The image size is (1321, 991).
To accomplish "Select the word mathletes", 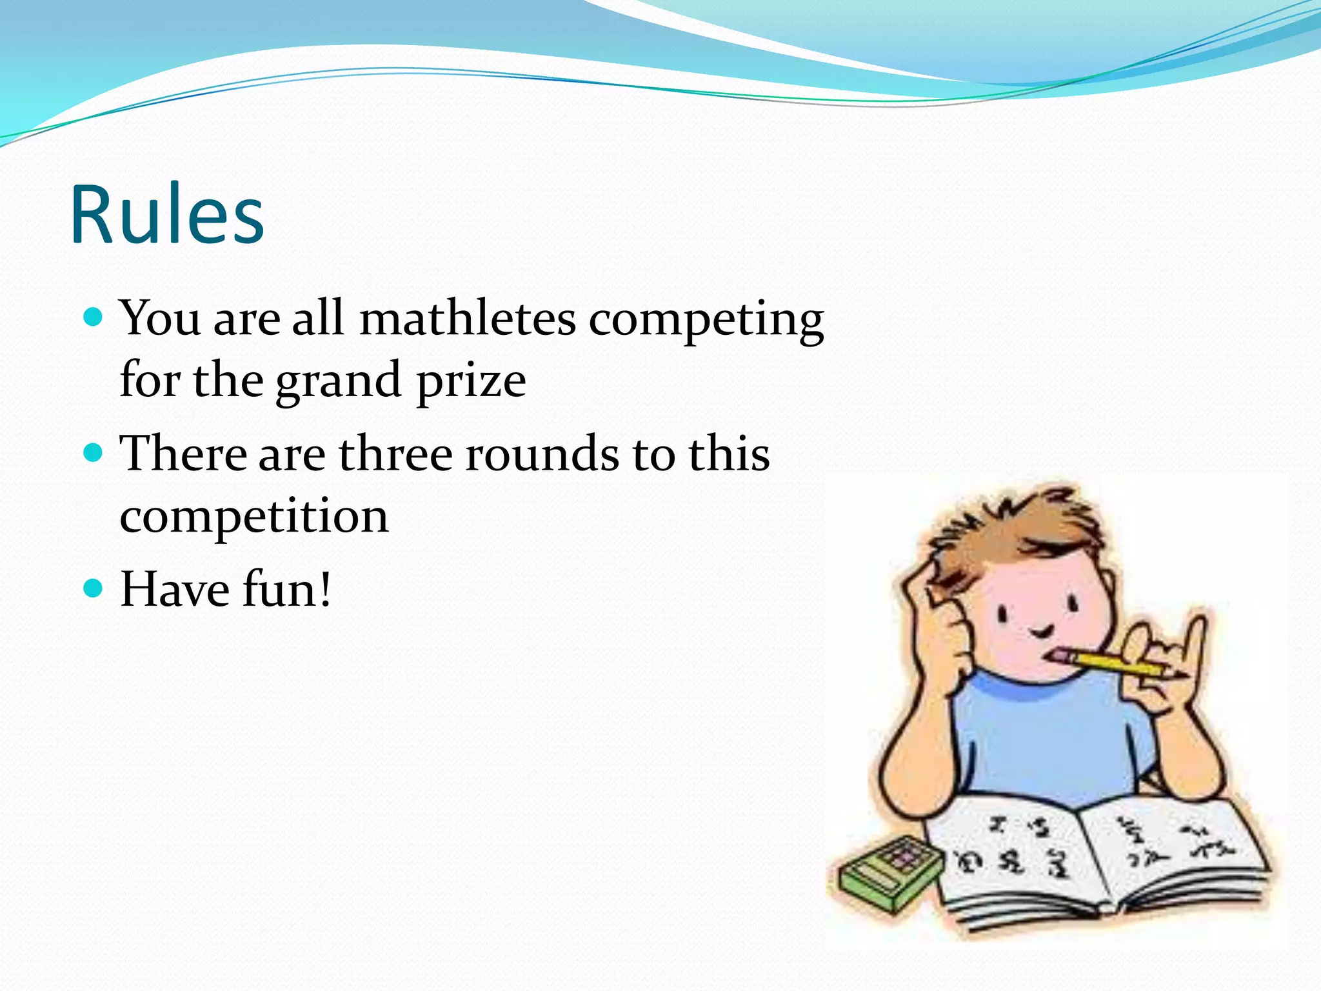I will pyautogui.click(x=467, y=319).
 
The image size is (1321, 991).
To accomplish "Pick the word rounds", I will pyautogui.click(x=542, y=454).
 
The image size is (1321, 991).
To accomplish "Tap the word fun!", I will pyautogui.click(x=286, y=589).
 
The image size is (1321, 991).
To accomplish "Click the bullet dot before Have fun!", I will pyautogui.click(x=94, y=588).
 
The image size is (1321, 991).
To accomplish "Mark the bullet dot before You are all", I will pyautogui.click(x=94, y=317).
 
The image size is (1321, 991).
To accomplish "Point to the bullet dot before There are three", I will pyautogui.click(x=94, y=453).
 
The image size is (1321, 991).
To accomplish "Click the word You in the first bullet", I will pyautogui.click(x=160, y=319).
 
